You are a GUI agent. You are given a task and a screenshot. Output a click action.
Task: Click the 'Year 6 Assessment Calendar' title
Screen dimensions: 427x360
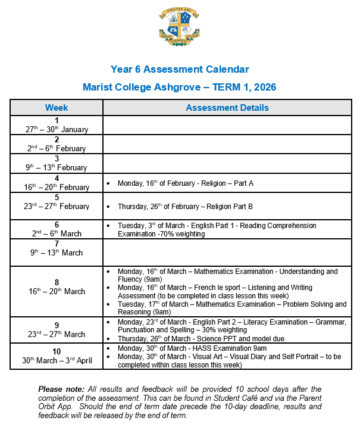tap(180, 70)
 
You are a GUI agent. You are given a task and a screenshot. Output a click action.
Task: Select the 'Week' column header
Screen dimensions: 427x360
tap(57, 108)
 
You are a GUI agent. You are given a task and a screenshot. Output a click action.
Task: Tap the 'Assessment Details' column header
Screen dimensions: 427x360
tap(227, 108)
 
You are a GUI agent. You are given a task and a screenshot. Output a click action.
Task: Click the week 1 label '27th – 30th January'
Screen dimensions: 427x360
tap(57, 129)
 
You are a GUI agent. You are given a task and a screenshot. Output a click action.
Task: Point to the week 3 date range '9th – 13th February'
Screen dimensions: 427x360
tap(57, 167)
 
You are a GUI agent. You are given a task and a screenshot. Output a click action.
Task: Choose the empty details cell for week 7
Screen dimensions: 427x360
tap(227, 253)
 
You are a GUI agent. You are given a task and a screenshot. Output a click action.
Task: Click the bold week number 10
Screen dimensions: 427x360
tap(57, 351)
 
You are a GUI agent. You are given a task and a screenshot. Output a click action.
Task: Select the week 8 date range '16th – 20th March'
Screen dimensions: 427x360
tap(57, 291)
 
